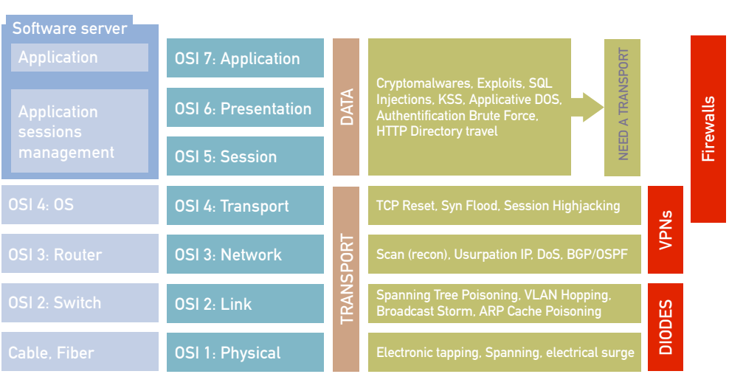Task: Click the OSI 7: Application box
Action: coord(245,58)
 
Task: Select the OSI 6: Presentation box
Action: coord(245,108)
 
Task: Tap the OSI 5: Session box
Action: coord(245,156)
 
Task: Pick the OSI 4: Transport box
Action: coord(245,206)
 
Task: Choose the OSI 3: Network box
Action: coord(245,254)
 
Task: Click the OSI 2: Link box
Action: coord(245,303)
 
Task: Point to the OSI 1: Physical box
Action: coord(245,353)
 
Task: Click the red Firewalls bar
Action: coord(708,129)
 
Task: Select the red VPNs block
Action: coord(665,229)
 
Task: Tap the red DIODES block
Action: coord(665,327)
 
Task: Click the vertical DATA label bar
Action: coord(346,107)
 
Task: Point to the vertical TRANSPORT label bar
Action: coord(346,279)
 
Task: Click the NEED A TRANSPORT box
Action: coord(622,107)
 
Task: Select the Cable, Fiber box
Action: coord(80,352)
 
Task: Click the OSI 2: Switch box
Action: coord(80,302)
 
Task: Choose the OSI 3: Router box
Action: coord(80,254)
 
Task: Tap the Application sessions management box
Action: coord(80,131)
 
